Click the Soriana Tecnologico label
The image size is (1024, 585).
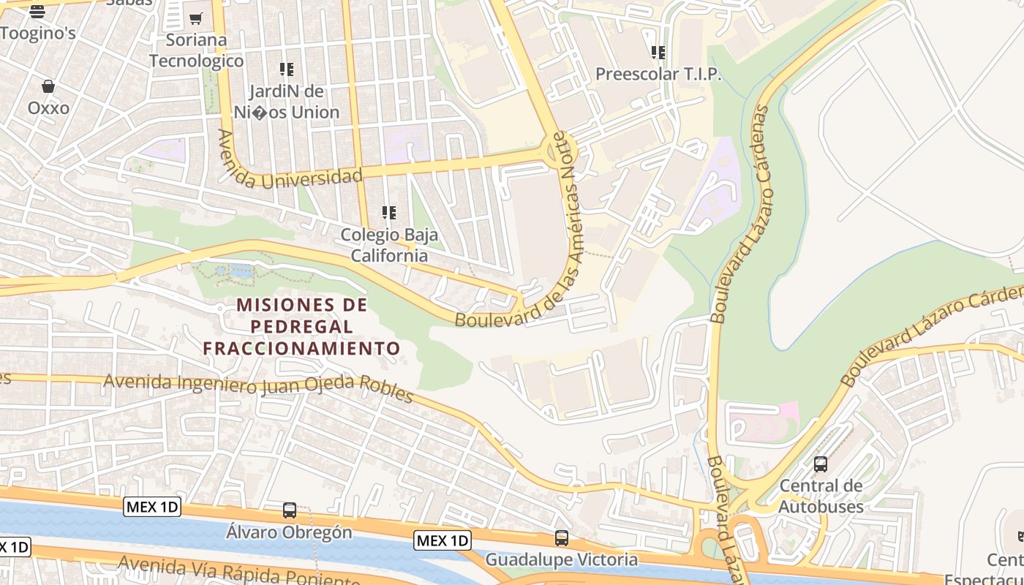[x=196, y=50]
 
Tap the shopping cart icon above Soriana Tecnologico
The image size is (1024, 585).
[x=195, y=19]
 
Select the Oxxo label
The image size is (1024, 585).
[x=48, y=108]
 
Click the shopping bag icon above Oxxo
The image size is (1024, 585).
[x=48, y=86]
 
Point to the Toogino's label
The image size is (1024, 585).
[x=38, y=33]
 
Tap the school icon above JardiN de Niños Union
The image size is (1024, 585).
[x=287, y=69]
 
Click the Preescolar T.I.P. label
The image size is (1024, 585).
[x=658, y=74]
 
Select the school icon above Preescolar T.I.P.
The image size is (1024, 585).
[x=658, y=53]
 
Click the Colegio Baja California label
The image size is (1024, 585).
[x=389, y=245]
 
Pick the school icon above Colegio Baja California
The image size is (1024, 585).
[x=389, y=213]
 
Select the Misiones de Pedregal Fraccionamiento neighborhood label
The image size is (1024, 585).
[x=302, y=326]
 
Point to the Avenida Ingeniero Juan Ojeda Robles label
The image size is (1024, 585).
[x=258, y=385]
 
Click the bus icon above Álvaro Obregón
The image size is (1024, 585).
[x=290, y=510]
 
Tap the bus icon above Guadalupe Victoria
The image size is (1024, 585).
[x=562, y=538]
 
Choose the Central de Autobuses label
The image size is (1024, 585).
[x=821, y=496]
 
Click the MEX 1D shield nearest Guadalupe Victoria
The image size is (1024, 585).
[x=443, y=540]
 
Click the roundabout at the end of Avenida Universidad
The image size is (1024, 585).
[x=560, y=151]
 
